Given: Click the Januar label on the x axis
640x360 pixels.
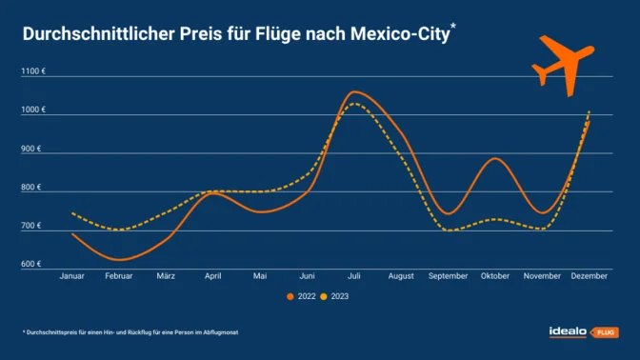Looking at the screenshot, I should (x=72, y=276).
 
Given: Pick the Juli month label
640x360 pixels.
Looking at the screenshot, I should (x=354, y=276).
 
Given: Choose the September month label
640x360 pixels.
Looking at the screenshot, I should (x=448, y=276).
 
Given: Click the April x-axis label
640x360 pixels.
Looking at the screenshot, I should (x=213, y=276).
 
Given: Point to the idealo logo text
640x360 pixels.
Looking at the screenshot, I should (x=569, y=331).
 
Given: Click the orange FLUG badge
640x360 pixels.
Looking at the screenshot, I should (x=605, y=332).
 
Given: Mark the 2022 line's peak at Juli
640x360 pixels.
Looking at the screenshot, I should (x=355, y=91).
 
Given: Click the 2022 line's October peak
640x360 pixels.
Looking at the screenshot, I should (x=495, y=158).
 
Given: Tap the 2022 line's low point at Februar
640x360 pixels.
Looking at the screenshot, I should (x=119, y=259).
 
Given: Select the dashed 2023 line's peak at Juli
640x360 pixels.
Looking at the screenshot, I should (x=355, y=103).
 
